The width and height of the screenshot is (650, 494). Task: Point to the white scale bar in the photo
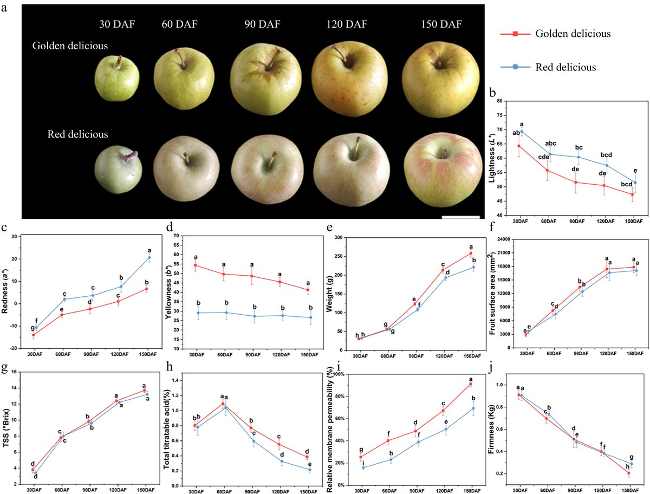(461, 217)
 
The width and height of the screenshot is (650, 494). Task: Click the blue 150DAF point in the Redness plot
(149, 257)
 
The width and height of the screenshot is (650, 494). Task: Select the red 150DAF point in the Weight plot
(470, 253)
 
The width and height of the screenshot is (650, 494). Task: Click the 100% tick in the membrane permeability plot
(341, 374)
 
